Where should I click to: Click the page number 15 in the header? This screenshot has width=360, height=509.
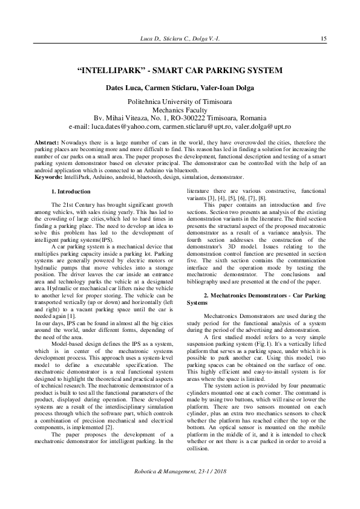tap(324, 39)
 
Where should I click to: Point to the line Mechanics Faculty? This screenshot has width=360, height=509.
tap(180, 111)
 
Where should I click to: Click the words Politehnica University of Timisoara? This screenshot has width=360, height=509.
tap(180, 103)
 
